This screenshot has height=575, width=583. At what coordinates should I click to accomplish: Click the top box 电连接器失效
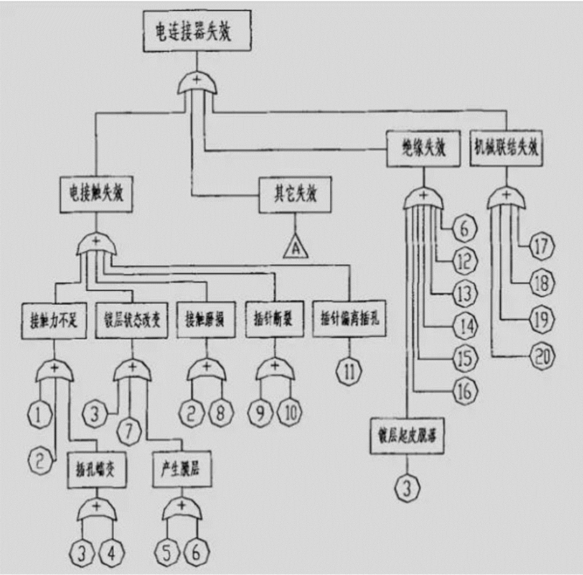[197, 31]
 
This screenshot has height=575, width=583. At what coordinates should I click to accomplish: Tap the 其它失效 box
[294, 194]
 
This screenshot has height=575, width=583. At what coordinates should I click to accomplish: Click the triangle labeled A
[294, 248]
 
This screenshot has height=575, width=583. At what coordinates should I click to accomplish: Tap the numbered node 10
[289, 413]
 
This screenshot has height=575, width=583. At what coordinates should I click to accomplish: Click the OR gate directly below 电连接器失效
[197, 84]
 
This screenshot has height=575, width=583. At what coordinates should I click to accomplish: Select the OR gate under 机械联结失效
[506, 199]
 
